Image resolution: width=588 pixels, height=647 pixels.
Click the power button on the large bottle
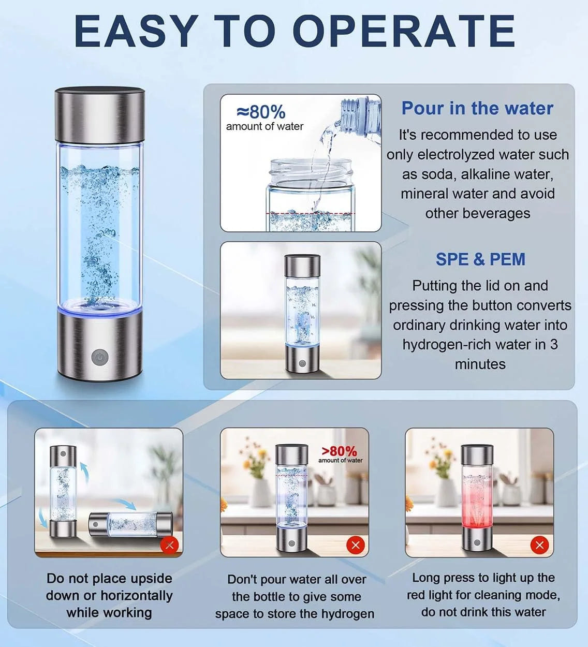(x=99, y=357)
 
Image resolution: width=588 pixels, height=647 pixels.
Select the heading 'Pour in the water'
(x=477, y=108)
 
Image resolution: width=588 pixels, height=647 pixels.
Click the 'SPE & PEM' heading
(x=480, y=259)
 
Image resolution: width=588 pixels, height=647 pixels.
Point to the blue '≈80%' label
(x=261, y=111)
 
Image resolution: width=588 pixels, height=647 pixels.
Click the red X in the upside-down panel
(x=169, y=545)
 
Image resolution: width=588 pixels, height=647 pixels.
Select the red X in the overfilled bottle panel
(x=355, y=545)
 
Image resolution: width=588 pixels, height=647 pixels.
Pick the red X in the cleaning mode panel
(x=539, y=545)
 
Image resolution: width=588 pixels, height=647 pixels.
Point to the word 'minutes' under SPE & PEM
(x=480, y=364)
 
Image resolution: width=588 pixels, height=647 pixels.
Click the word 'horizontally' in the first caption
(x=136, y=595)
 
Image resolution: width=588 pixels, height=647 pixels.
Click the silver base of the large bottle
(x=99, y=347)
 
